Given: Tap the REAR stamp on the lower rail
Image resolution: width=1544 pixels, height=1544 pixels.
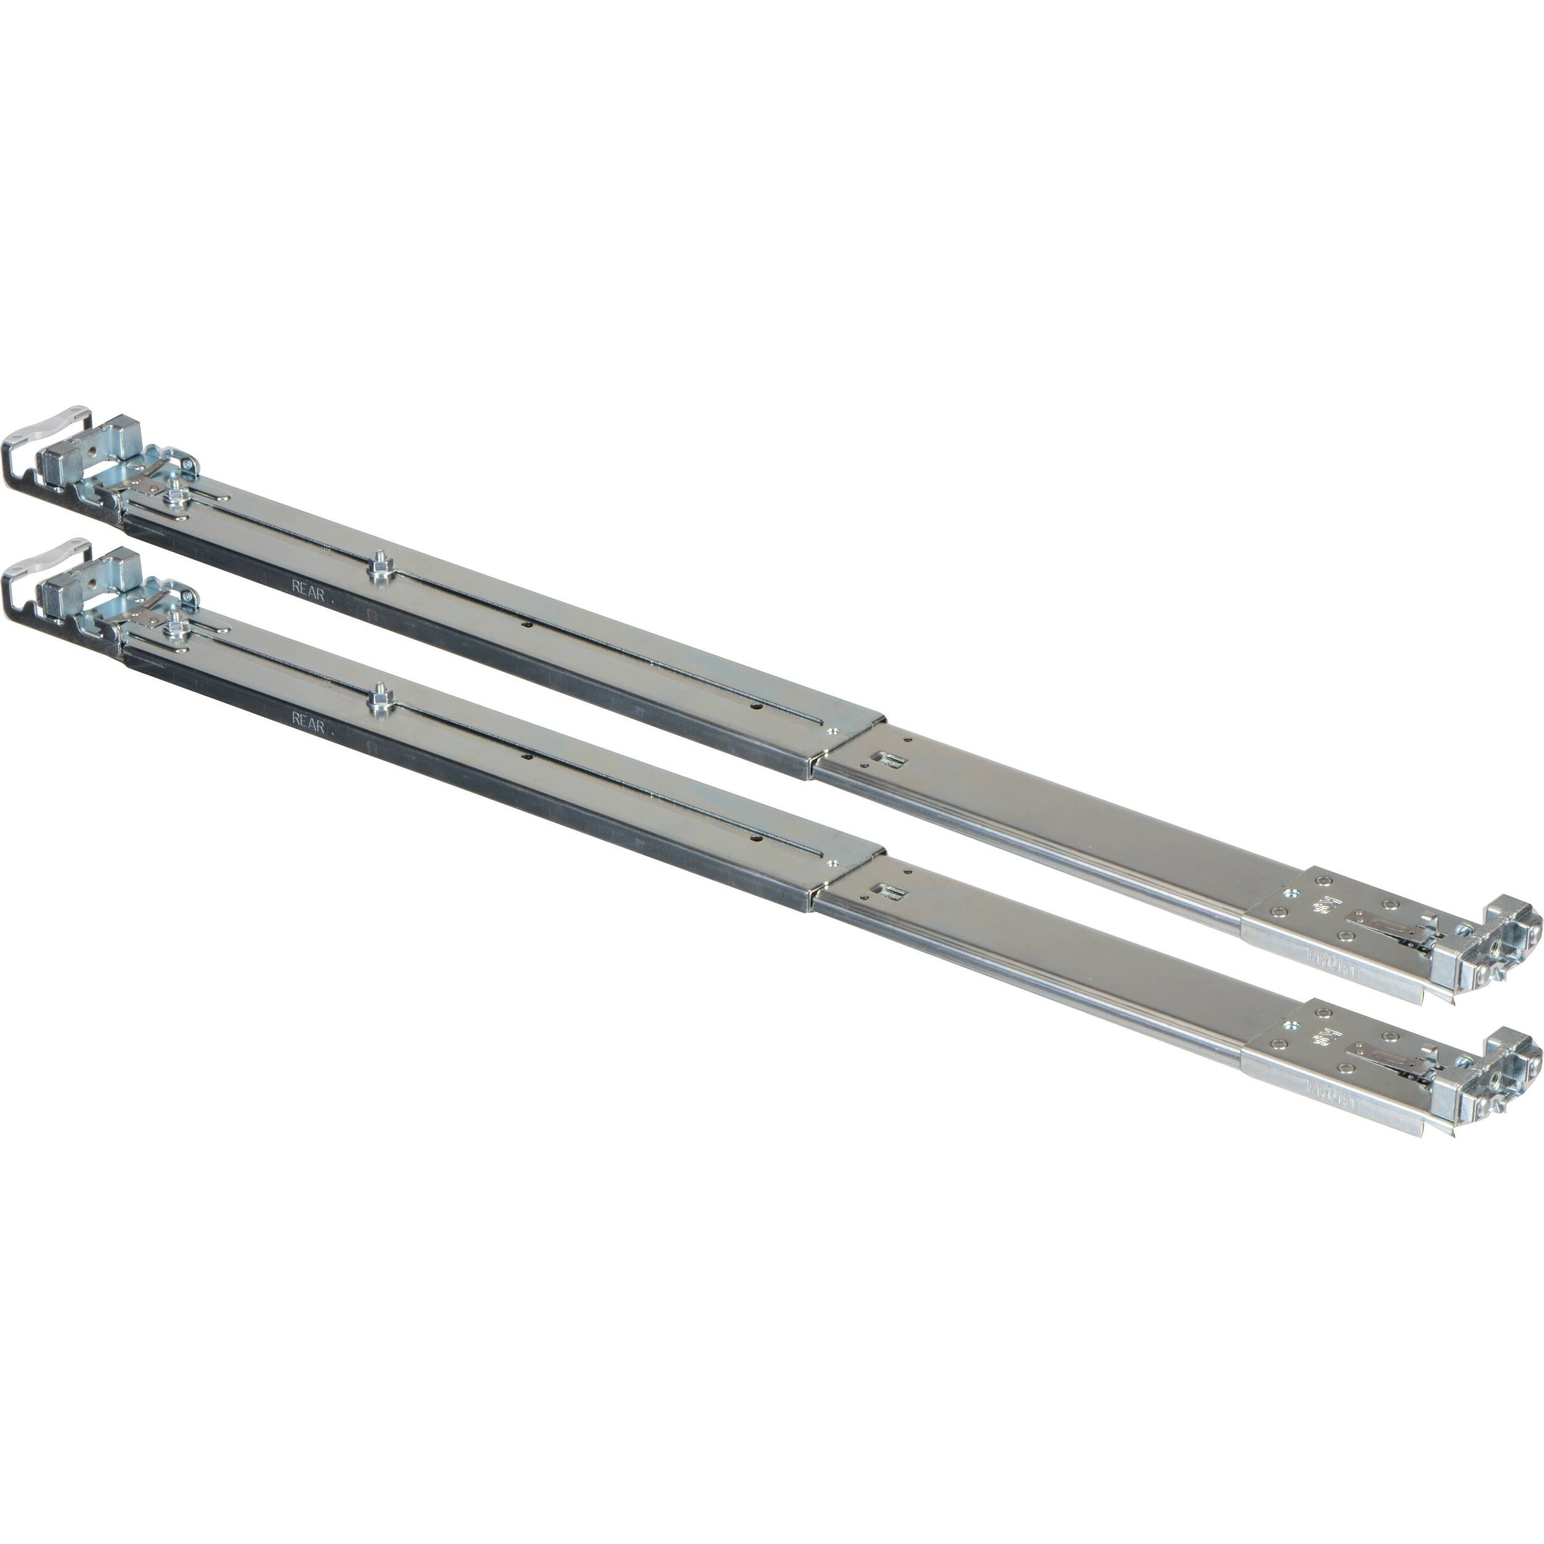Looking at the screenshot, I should click(308, 723).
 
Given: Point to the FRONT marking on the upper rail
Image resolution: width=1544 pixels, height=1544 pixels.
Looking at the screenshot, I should click(1332, 964).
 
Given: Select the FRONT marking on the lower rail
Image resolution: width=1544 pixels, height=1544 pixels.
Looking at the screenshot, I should click(1332, 1095).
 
